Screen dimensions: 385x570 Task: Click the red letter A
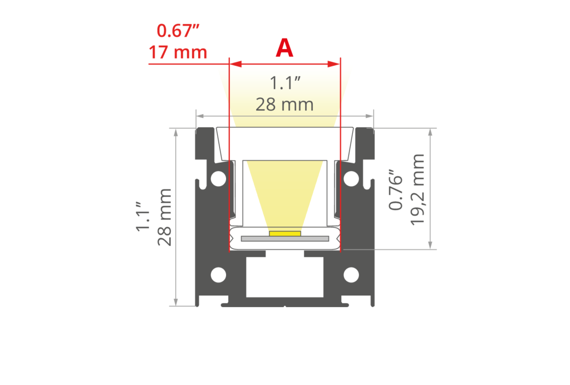284,49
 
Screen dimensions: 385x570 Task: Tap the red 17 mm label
178,52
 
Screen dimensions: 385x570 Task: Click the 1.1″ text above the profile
284,84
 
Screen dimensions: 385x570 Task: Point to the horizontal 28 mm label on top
284,104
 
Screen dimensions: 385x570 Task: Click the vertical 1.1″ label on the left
144,217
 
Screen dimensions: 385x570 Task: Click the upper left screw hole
219,178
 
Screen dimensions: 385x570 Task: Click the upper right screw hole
351,178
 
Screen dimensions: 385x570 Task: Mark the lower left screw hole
219,275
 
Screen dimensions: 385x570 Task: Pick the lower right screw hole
351,275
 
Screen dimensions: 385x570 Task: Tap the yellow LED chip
285,233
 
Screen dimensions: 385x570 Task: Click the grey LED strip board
285,239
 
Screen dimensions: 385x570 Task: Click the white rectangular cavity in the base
284,279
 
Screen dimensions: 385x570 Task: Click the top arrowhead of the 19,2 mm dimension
430,132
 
